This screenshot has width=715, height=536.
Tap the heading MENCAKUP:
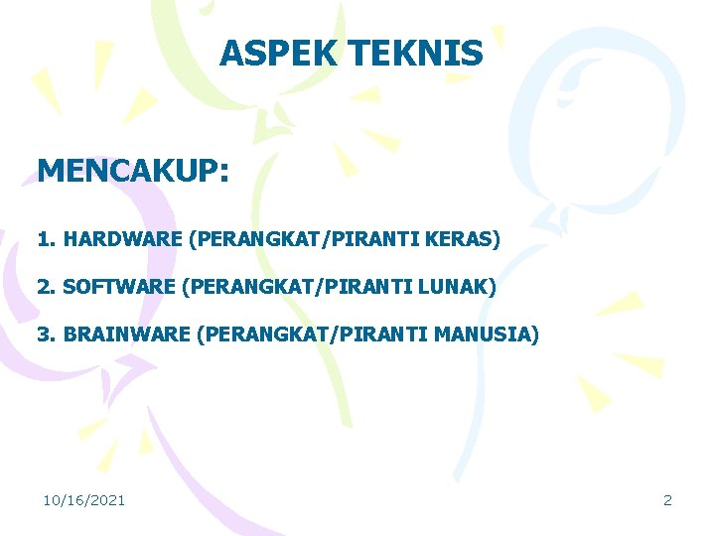click(x=133, y=170)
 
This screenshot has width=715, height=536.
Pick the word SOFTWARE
click(x=118, y=287)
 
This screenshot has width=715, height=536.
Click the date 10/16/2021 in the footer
click(x=83, y=500)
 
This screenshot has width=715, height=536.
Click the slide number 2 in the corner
click(x=667, y=500)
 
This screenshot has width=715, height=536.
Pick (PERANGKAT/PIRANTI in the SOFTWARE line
click(x=299, y=287)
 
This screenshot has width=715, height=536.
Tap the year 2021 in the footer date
click(x=107, y=500)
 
